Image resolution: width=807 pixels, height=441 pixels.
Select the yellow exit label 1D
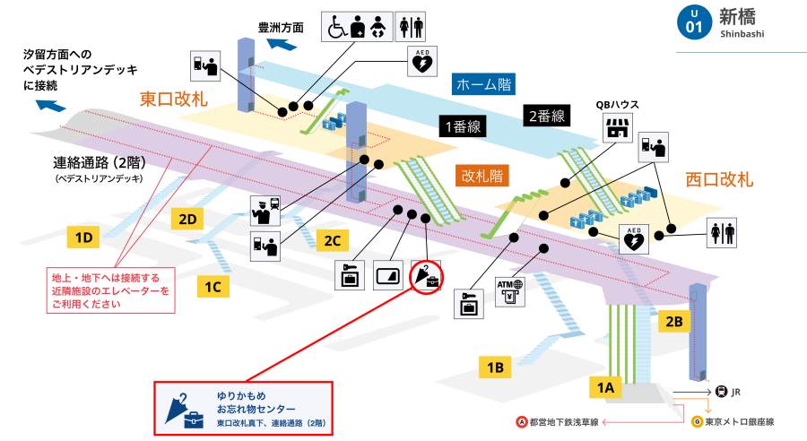coord(84,238)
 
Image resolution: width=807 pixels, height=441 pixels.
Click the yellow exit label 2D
coord(188,218)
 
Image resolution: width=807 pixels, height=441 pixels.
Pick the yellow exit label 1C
coord(213,287)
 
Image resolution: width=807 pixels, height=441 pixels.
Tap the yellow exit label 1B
coord(495,366)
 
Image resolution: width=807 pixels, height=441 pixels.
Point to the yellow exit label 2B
coord(674,319)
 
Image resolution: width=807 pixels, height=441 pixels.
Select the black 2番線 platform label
coord(546,116)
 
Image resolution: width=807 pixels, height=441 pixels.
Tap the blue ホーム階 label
coord(484,85)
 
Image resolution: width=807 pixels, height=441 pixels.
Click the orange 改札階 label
coord(481,175)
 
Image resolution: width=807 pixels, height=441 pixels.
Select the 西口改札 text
coord(718,178)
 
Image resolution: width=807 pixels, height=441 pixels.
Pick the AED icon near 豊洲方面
coord(421,61)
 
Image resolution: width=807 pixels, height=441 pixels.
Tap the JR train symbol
coord(720,392)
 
